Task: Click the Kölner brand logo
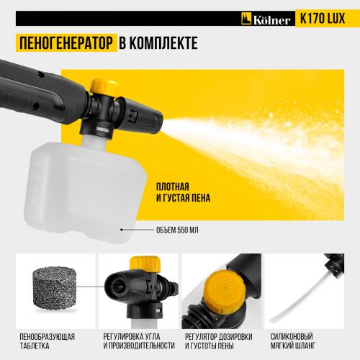[x=266, y=19]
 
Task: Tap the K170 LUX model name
[x=323, y=19]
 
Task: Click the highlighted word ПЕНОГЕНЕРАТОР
[x=66, y=43]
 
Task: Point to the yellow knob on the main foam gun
[x=104, y=86]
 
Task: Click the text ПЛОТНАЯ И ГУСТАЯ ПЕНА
[x=183, y=192]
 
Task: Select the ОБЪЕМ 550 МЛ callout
[x=177, y=230]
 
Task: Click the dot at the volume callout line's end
[x=122, y=230]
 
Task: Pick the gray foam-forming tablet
[x=55, y=288]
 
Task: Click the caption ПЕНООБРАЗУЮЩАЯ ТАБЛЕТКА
[x=47, y=341]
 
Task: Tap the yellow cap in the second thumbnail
[x=145, y=264]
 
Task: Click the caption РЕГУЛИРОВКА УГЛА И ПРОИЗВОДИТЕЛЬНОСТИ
[x=139, y=341]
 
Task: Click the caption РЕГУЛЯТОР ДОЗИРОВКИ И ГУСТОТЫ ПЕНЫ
[x=219, y=341]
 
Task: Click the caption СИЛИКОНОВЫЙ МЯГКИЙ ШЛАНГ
[x=292, y=341]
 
